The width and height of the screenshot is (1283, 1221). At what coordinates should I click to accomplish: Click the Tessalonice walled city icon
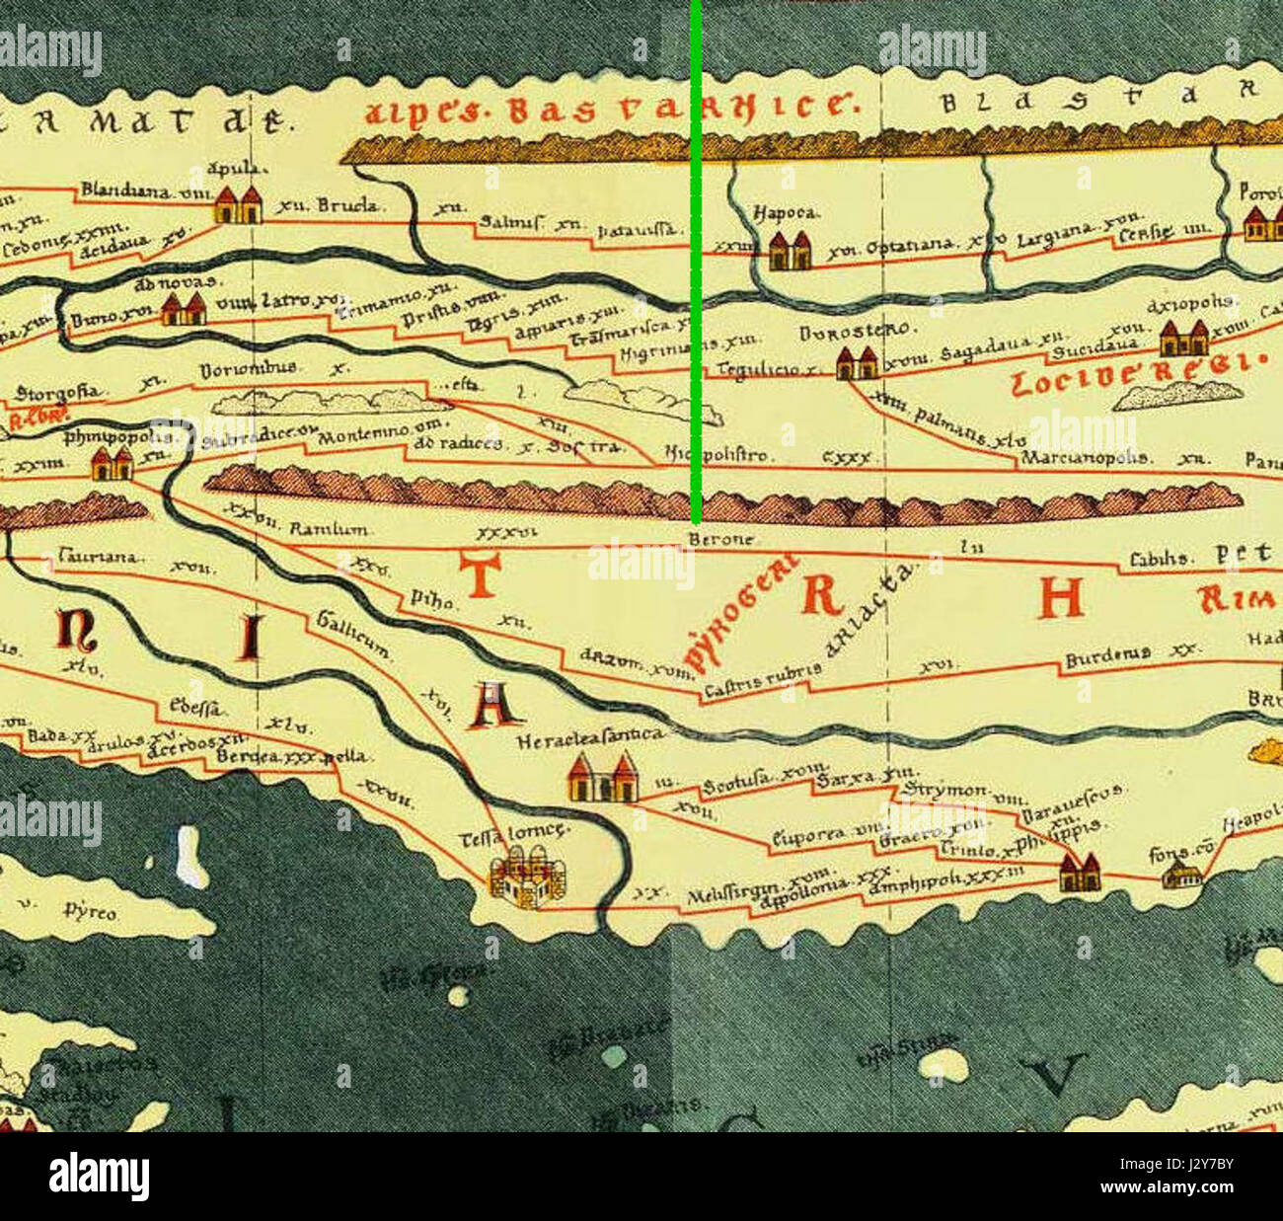click(x=527, y=880)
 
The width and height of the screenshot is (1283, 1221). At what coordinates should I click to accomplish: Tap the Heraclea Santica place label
click(x=589, y=734)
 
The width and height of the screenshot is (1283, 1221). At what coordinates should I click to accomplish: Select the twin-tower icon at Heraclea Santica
click(x=601, y=777)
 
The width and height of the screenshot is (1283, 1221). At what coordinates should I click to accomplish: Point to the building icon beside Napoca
click(x=790, y=251)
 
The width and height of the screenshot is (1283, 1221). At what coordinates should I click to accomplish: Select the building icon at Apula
click(x=238, y=204)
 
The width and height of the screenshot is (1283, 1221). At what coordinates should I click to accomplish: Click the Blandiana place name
click(x=126, y=190)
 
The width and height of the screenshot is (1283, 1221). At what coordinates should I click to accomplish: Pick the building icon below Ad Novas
click(x=184, y=309)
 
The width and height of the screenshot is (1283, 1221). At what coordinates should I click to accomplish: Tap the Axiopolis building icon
click(x=1183, y=338)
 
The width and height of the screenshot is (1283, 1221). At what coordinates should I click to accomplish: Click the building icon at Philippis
click(x=1079, y=873)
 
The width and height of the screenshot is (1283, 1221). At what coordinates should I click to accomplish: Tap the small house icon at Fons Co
click(x=1180, y=874)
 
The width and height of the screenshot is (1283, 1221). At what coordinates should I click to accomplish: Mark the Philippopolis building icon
click(x=113, y=463)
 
